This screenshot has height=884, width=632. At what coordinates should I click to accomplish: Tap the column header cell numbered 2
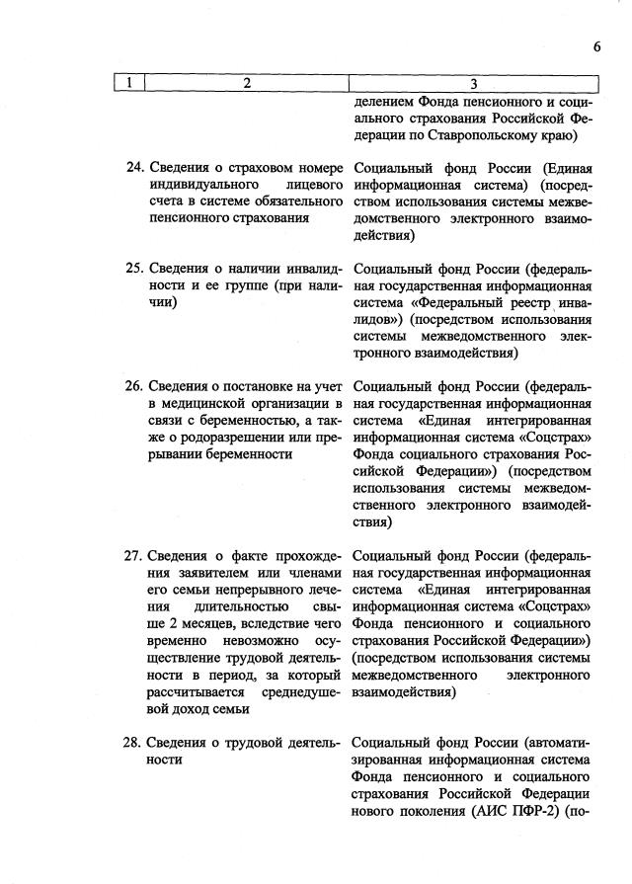click(x=246, y=83)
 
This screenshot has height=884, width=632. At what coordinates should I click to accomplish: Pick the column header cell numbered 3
click(x=474, y=83)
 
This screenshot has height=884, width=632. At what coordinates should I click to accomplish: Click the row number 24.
click(x=135, y=167)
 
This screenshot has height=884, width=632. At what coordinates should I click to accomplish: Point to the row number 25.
click(x=135, y=269)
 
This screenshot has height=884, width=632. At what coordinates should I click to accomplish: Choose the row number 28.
click(x=135, y=743)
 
